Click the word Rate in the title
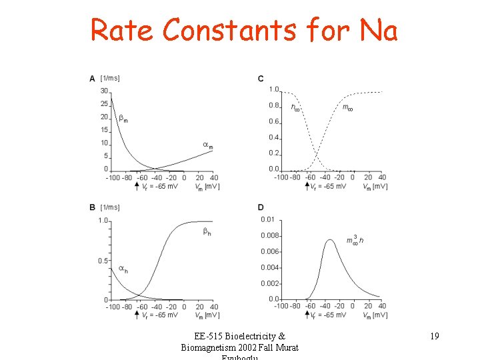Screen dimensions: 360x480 pyautogui.click(x=123, y=30)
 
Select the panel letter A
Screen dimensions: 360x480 pyautogui.click(x=92, y=79)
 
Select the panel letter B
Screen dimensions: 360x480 pyautogui.click(x=92, y=207)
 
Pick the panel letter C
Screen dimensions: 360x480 pyautogui.click(x=261, y=79)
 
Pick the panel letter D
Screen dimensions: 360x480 pyautogui.click(x=261, y=207)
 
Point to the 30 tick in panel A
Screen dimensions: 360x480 pyautogui.click(x=105, y=91)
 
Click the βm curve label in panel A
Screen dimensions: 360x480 pyautogui.click(x=123, y=119)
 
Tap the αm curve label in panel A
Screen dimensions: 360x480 pyautogui.click(x=207, y=145)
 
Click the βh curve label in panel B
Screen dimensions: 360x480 pyautogui.click(x=207, y=232)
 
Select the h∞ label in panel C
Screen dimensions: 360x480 pyautogui.click(x=295, y=107)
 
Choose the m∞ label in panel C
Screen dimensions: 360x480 pyautogui.click(x=347, y=107)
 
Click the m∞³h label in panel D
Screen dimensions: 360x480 pyautogui.click(x=355, y=240)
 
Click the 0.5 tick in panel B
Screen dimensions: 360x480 pyautogui.click(x=103, y=261)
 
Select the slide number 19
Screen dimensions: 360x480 pyautogui.click(x=434, y=336)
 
